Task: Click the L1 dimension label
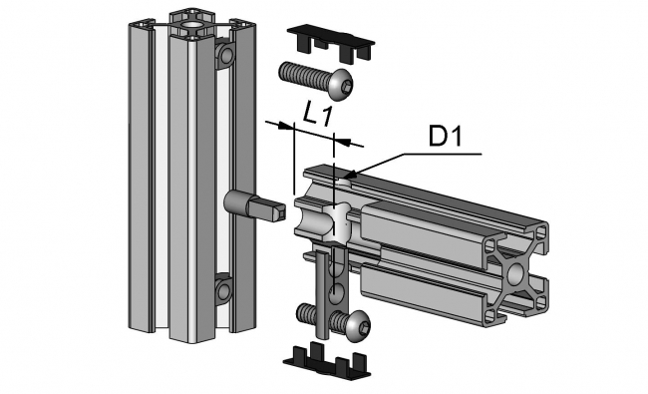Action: pos(318,113)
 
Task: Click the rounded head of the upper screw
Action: pos(340,87)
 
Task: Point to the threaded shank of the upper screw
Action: pos(300,73)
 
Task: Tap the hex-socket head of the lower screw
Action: pos(356,323)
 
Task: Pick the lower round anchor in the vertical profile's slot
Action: pos(222,291)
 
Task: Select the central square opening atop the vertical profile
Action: pos(186,17)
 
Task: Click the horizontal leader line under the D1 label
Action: pos(439,155)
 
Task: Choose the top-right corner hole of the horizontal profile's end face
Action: pos(541,232)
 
